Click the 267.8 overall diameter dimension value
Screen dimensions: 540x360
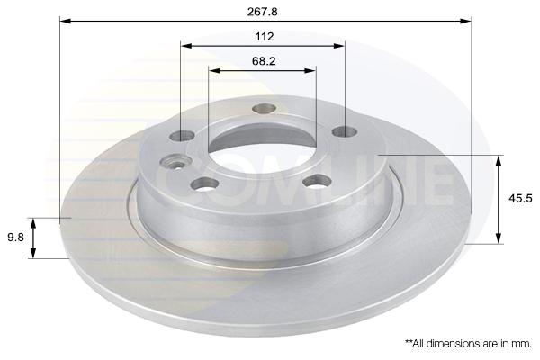[263, 12]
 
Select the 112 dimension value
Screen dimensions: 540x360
[265, 36]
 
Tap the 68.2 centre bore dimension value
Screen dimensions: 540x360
[264, 61]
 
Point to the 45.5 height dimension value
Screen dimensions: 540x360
[520, 198]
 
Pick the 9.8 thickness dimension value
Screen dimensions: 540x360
[15, 237]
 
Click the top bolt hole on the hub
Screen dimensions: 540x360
[264, 108]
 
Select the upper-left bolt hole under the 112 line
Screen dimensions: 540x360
[182, 136]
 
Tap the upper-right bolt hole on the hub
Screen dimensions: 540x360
[345, 131]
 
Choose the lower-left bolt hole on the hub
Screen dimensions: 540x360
[204, 184]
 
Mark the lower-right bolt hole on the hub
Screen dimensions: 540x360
[317, 181]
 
